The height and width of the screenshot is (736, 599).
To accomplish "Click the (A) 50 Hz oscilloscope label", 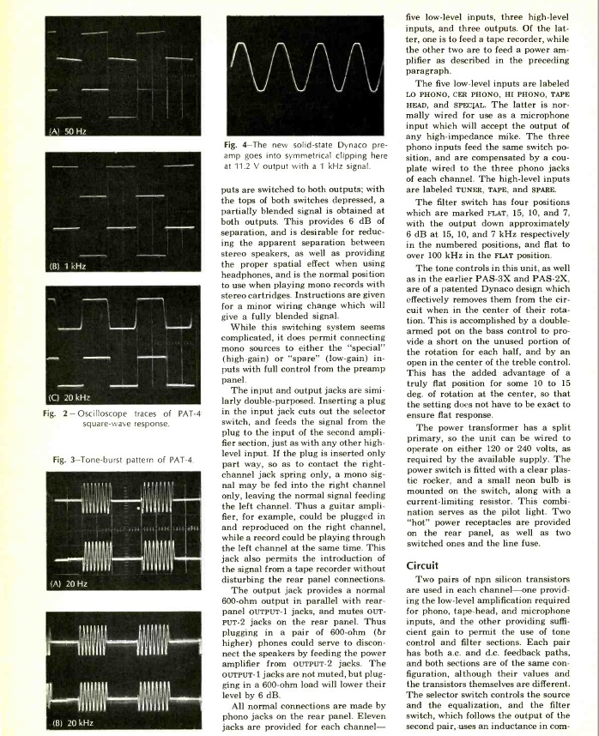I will [31, 130].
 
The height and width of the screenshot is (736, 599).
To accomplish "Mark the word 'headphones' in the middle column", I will [246, 277].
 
